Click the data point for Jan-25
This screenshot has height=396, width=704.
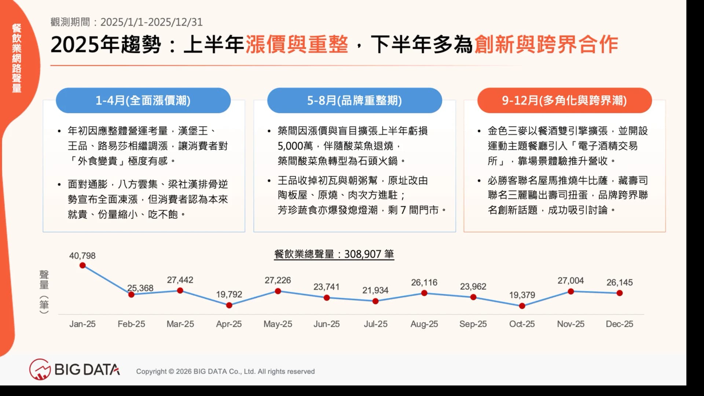[82, 265]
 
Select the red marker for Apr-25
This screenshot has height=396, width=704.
[229, 305]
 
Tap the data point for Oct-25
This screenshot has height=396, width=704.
[522, 306]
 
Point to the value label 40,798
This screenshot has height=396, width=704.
[82, 256]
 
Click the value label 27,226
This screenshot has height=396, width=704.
[278, 280]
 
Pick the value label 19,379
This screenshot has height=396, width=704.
[522, 295]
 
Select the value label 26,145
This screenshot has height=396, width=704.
[620, 282]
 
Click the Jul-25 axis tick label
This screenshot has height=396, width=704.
[375, 324]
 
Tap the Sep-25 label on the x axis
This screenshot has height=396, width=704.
[473, 324]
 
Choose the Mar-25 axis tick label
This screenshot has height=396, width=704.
[180, 324]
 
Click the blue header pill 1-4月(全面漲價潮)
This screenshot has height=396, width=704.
[143, 100]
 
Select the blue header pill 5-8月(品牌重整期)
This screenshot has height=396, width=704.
[355, 100]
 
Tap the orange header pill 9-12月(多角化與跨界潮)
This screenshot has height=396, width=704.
[565, 100]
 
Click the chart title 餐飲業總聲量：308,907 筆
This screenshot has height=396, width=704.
[334, 254]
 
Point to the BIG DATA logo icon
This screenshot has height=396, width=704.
[40, 369]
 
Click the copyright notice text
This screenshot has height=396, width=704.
[225, 371]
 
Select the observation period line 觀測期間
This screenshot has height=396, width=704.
[126, 22]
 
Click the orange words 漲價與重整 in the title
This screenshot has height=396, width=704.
[297, 45]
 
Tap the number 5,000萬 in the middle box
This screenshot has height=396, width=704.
[295, 146]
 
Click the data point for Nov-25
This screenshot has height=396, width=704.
[571, 292]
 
